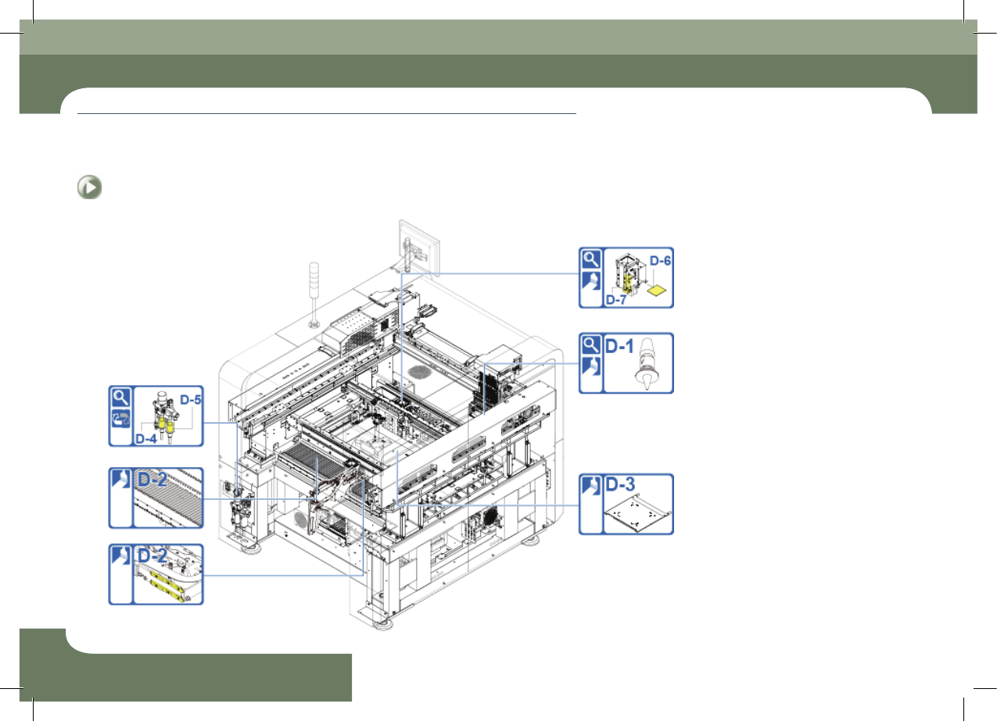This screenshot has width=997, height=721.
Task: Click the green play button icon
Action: (x=89, y=187)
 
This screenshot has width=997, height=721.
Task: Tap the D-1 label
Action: (x=619, y=346)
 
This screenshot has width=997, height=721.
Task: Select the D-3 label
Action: (x=620, y=484)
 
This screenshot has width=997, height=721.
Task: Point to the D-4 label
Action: (x=146, y=439)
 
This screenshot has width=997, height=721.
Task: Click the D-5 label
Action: (x=191, y=400)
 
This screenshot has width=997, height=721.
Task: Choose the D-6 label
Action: (x=660, y=260)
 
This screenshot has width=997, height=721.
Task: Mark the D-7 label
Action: (x=616, y=300)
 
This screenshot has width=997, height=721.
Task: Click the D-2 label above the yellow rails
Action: (x=152, y=556)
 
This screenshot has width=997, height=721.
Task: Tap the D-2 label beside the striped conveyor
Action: (x=152, y=480)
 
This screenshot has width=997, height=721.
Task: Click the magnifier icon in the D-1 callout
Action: (x=590, y=345)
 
